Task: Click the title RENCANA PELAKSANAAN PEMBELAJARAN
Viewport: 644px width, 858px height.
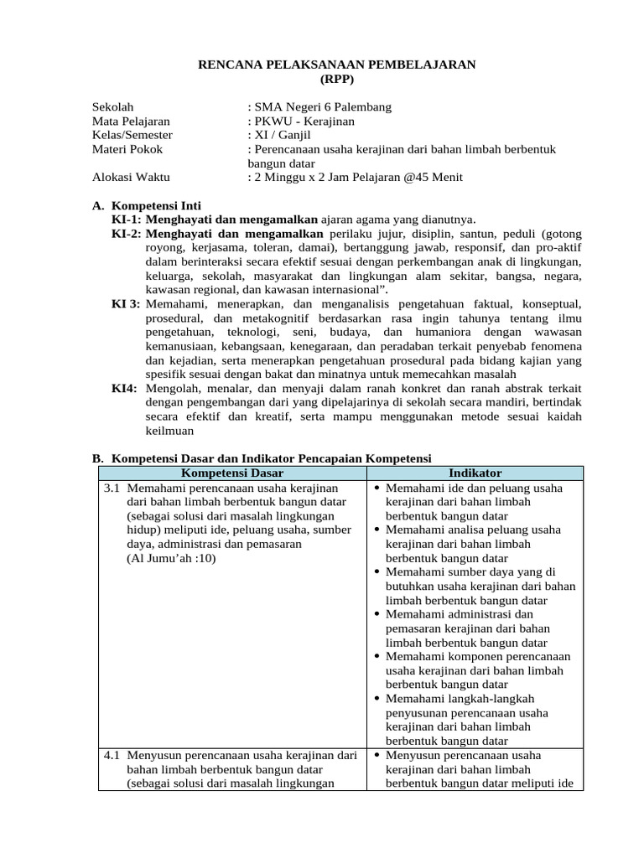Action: click(x=336, y=65)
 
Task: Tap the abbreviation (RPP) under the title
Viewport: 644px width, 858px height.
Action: click(x=337, y=79)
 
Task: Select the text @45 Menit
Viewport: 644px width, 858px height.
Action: click(x=434, y=178)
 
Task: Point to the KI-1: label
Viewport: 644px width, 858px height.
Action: click(x=127, y=219)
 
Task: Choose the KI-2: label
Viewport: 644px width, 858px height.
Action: click(x=127, y=233)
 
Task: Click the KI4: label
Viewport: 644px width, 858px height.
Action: click(x=124, y=389)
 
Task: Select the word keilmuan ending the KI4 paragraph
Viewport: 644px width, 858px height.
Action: click(x=169, y=431)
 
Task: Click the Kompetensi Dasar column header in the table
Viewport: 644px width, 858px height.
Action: click(x=226, y=473)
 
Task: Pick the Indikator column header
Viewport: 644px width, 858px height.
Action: click(x=475, y=473)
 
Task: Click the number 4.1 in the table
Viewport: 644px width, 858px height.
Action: click(x=114, y=755)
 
